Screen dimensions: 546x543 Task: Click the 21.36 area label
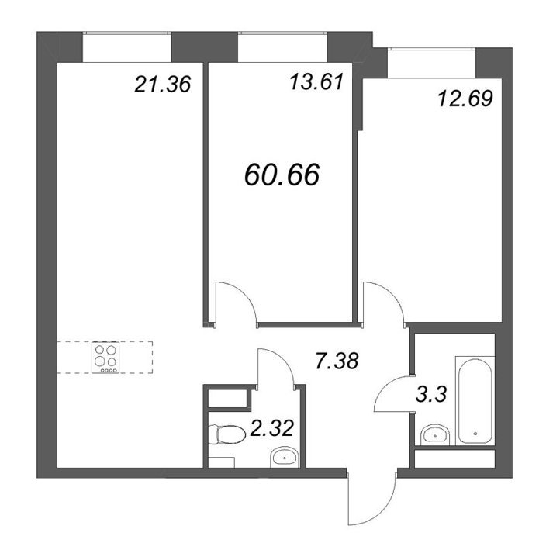pyautogui.click(x=163, y=85)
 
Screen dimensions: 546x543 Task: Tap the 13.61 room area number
pyautogui.click(x=317, y=82)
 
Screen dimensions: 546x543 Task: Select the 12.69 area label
pyautogui.click(x=465, y=99)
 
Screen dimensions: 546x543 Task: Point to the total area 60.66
pyautogui.click(x=282, y=175)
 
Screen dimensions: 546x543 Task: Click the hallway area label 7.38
pyautogui.click(x=337, y=361)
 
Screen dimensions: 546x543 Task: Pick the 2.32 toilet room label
pyautogui.click(x=272, y=428)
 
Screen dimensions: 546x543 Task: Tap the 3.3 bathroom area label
pyautogui.click(x=430, y=395)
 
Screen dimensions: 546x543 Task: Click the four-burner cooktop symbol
pyautogui.click(x=105, y=358)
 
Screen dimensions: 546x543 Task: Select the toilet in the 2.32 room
pyautogui.click(x=226, y=434)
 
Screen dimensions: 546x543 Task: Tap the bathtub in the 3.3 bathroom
pyautogui.click(x=475, y=400)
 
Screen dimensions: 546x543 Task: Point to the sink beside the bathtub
pyautogui.click(x=435, y=434)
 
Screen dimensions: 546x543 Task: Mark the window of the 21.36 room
pyautogui.click(x=126, y=47)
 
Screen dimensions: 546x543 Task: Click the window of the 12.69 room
pyautogui.click(x=431, y=63)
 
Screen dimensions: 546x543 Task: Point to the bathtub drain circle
pyautogui.click(x=475, y=434)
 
